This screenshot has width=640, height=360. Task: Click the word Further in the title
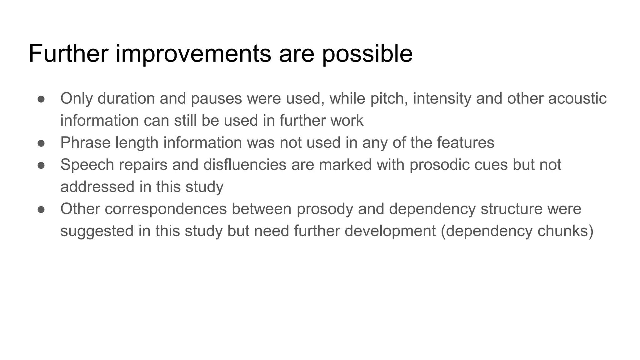pyautogui.click(x=68, y=54)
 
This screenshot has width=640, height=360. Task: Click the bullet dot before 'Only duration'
pyautogui.click(x=41, y=99)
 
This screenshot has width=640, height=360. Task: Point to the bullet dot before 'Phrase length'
pyautogui.click(x=41, y=143)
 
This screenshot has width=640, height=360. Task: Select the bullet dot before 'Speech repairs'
pyautogui.click(x=41, y=165)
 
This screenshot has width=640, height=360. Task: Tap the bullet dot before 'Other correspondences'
pyautogui.click(x=41, y=209)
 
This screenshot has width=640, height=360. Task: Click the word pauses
pyautogui.click(x=216, y=99)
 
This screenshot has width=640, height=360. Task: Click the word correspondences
pyautogui.click(x=166, y=209)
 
